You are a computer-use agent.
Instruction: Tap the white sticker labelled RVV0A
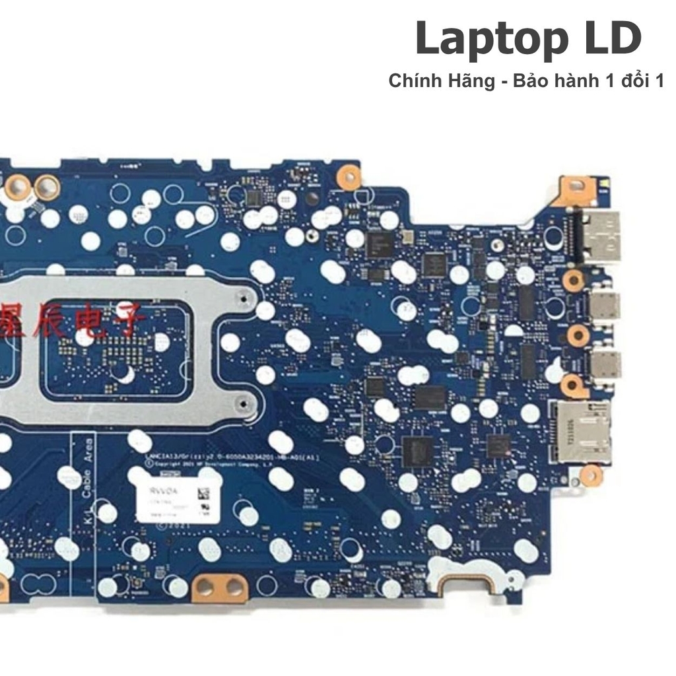point(176,500)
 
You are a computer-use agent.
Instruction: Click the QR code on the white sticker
point(203,494)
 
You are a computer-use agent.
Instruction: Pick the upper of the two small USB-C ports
point(605,304)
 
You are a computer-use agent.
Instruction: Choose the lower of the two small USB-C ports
point(605,364)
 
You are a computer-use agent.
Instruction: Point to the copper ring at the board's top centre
point(349,176)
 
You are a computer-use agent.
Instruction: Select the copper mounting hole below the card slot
point(591,474)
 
